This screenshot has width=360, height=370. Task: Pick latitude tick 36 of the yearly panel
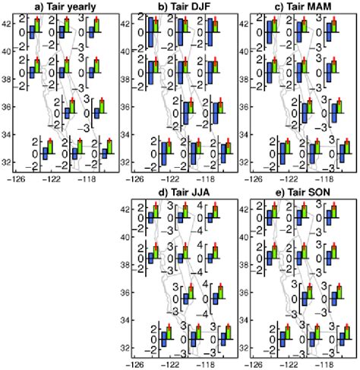(x=9, y=107)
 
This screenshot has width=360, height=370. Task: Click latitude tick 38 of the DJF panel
(x=126, y=80)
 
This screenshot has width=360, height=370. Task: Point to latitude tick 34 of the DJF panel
(x=126, y=134)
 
